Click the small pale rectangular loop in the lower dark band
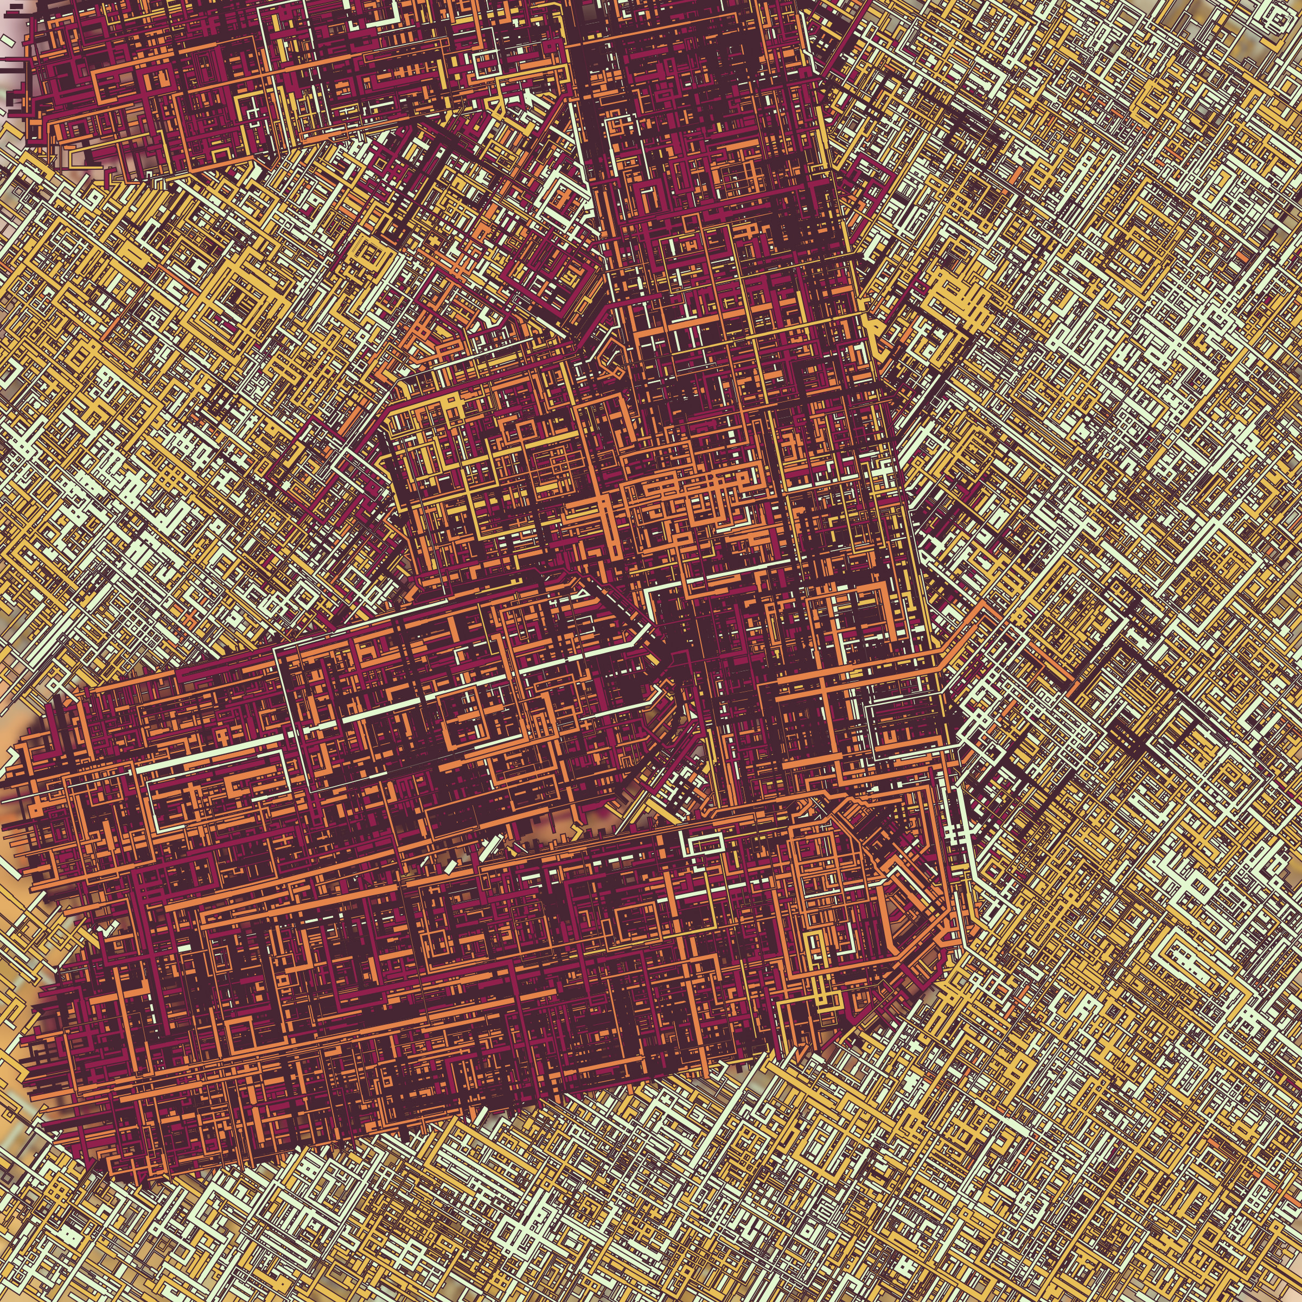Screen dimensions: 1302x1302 704,843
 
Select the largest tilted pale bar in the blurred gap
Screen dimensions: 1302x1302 493,846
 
